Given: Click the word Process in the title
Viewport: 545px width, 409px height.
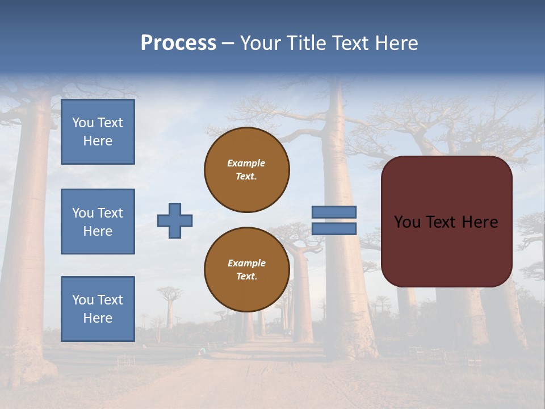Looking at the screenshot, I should [x=178, y=43].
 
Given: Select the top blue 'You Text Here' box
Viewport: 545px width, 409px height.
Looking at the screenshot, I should [x=98, y=132].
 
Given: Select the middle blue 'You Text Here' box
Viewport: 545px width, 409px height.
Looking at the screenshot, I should [x=98, y=222].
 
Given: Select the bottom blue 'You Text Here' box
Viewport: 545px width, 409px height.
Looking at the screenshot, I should [x=98, y=308].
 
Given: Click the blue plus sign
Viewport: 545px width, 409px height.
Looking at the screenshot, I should [x=175, y=220].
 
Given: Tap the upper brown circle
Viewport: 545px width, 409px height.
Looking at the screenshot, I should [x=247, y=170].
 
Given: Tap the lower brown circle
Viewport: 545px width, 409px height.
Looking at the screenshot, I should [x=247, y=270].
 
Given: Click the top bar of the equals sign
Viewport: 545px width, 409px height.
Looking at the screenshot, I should [x=334, y=212].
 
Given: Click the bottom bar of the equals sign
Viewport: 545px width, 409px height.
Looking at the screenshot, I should [x=334, y=228].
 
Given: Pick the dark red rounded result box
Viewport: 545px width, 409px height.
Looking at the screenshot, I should [x=446, y=250].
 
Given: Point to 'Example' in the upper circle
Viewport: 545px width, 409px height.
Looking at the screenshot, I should [x=246, y=163].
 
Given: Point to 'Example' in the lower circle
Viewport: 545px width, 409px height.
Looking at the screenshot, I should [x=246, y=263].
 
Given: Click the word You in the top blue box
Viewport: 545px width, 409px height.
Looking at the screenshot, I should [x=83, y=123].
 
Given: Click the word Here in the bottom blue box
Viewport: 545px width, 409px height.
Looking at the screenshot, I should [x=98, y=318].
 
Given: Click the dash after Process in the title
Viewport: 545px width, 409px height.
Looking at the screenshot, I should [x=228, y=44].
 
